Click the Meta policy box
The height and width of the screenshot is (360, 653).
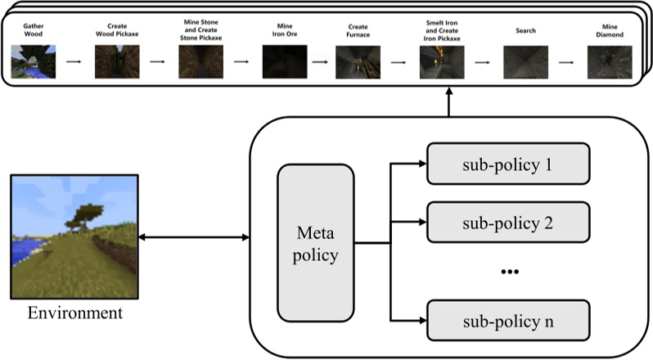(315, 244)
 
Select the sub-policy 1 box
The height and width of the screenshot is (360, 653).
(508, 164)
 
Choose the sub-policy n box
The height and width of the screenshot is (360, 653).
(508, 320)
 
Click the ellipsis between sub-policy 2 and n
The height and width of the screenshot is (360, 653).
(509, 271)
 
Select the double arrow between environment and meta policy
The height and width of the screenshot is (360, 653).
(193, 238)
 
